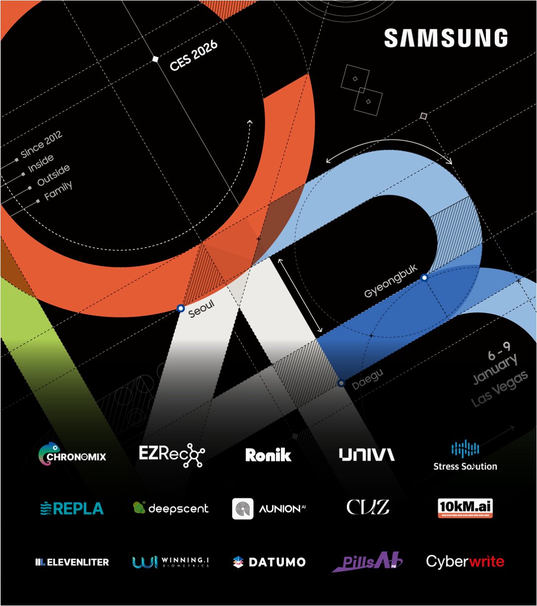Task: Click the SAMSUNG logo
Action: tap(445, 39)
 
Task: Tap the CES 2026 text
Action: tap(194, 56)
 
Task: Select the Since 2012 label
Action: tap(41, 144)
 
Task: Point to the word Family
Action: tap(58, 190)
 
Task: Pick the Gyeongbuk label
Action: tap(391, 286)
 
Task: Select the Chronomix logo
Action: tap(72, 455)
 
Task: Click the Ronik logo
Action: tap(268, 455)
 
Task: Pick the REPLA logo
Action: tap(72, 508)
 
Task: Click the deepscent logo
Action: tap(171, 508)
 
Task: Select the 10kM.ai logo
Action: tap(465, 508)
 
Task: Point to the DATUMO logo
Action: tap(269, 562)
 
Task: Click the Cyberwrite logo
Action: tap(465, 561)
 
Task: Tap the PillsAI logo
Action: tap(367, 562)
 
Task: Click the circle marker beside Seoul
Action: tap(181, 308)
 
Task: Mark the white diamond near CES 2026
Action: tap(155, 59)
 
